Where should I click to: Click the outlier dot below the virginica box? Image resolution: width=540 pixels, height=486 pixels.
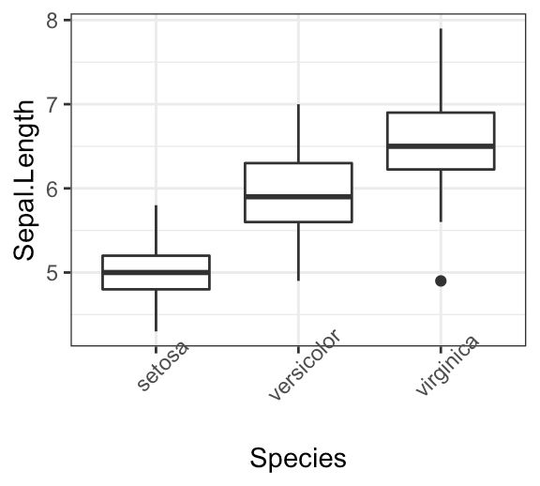click(x=441, y=281)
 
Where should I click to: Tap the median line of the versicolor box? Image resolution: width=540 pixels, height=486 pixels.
click(x=298, y=196)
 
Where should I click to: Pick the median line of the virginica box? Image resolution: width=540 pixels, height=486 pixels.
click(x=441, y=146)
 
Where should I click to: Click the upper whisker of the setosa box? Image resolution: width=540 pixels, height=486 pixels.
click(x=156, y=230)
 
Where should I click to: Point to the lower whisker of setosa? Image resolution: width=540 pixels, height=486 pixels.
click(x=156, y=310)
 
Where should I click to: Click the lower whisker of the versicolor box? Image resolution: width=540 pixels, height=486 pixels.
click(x=298, y=251)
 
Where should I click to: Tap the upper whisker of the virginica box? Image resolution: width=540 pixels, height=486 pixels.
click(x=441, y=70)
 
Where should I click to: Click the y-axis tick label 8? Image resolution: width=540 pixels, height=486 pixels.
click(x=52, y=20)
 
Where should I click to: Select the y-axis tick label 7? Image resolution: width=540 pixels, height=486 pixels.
click(x=52, y=104)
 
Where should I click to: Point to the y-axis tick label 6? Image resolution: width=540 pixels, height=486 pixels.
click(x=52, y=189)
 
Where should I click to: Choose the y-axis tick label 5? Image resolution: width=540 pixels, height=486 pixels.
click(x=52, y=273)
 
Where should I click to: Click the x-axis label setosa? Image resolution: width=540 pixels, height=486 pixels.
click(x=162, y=367)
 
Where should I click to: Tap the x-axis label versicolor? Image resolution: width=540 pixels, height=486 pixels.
click(x=302, y=366)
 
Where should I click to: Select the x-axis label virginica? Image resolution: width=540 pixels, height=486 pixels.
click(x=447, y=366)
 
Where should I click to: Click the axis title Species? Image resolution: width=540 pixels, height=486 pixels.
click(x=298, y=458)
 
